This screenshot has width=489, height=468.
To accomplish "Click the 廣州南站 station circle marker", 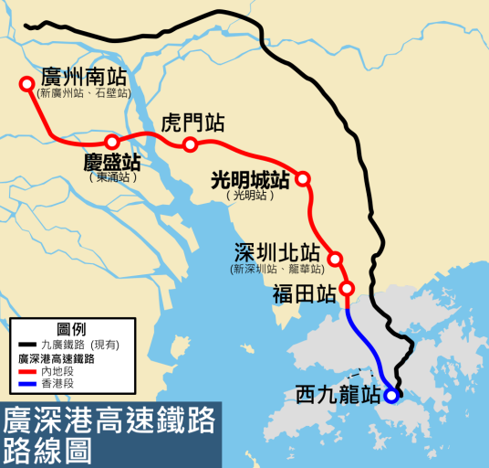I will tap(26, 85).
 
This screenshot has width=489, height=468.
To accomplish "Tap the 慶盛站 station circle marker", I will tap(111, 142).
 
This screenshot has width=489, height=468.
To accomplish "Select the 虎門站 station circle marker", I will tap(190, 144).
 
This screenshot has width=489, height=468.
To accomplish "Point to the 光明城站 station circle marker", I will tap(303, 179).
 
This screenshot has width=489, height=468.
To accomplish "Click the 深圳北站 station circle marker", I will tap(336, 259).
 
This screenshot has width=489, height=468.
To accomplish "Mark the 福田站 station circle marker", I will tap(348, 291).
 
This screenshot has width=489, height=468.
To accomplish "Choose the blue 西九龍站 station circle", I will tap(391, 396).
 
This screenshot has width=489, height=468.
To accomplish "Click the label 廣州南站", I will tap(83, 76).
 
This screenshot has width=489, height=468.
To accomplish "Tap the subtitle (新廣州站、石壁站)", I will tap(83, 93).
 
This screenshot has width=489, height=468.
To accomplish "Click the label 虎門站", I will tap(192, 124).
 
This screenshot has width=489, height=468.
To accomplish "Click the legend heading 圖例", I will tap(71, 328).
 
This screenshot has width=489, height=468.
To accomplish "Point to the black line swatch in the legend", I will tap(27, 345).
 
